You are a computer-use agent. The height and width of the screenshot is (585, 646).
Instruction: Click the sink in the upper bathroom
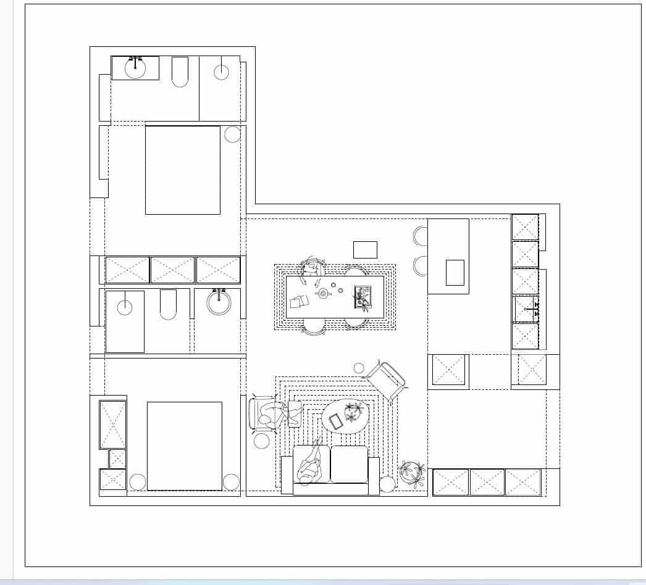[x=135, y=68]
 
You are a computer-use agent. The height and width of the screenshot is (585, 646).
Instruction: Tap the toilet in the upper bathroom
[x=180, y=72]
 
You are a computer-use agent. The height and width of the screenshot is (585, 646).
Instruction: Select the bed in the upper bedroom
[x=183, y=170]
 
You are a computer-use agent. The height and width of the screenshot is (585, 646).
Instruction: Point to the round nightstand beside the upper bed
[x=232, y=135]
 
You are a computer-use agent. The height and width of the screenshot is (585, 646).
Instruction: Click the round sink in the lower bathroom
[x=219, y=302]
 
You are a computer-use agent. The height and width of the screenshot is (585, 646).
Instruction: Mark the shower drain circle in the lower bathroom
[x=125, y=307]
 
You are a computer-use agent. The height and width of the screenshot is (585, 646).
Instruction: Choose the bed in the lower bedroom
[x=184, y=446]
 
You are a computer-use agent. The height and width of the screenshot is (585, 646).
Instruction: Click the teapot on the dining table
[x=323, y=293]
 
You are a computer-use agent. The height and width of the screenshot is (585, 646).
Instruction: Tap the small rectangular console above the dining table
[x=365, y=249]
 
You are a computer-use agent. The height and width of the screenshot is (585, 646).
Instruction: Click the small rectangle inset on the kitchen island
[x=455, y=273]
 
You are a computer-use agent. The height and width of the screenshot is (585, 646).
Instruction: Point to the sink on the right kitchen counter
[x=526, y=309]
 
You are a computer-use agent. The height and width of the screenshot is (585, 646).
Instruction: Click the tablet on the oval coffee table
[x=336, y=421]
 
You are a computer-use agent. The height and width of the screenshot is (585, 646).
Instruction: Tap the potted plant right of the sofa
[x=412, y=473]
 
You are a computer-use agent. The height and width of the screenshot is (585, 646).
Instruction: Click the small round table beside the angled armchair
[x=359, y=368]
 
